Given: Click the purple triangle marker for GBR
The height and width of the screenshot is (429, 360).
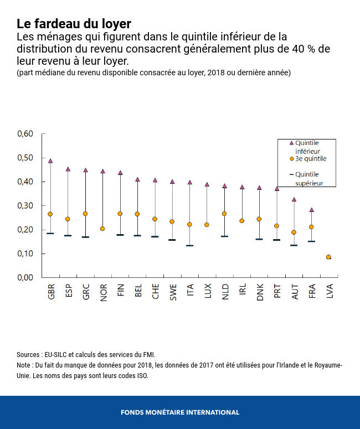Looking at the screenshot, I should point(50,161).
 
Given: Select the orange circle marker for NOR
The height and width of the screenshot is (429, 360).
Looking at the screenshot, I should point(102,229).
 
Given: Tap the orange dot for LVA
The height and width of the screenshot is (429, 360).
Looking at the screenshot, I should point(328,257).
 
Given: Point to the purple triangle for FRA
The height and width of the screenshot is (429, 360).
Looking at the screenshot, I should point(311,210).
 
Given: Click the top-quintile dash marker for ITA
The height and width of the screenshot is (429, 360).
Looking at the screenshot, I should point(189,245).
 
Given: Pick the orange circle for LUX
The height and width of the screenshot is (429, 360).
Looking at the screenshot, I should point(207,225).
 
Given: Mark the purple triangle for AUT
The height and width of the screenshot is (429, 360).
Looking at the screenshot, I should point(294,199).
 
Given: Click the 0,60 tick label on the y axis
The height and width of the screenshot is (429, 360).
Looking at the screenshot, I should point(25,134).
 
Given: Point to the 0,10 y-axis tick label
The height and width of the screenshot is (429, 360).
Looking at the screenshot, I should point(25,254).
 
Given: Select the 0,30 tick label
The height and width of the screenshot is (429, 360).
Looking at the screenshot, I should point(25,206).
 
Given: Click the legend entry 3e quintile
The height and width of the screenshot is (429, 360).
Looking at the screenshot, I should point(310,159).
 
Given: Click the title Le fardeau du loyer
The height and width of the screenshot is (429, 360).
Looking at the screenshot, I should point(74,24).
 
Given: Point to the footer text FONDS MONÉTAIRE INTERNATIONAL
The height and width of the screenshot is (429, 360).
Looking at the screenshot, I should point(180,412).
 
